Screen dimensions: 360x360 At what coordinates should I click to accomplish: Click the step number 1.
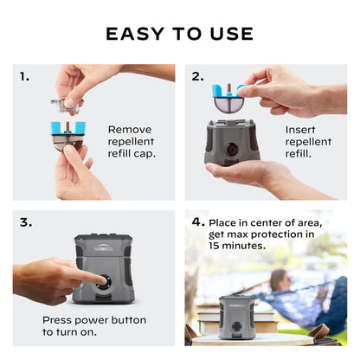(x=25, y=77)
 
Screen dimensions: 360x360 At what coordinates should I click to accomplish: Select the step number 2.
(x=198, y=77)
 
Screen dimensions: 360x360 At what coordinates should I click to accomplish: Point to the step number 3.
(x=25, y=222)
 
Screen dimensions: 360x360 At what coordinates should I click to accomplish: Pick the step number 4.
(x=198, y=222)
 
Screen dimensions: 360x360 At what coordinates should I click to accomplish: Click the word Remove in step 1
(x=129, y=130)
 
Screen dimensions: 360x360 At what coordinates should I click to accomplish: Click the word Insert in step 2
(x=299, y=130)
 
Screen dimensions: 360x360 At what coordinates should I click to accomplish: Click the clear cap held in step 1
(x=66, y=105)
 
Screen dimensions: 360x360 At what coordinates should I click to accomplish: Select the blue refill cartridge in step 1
(x=68, y=131)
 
